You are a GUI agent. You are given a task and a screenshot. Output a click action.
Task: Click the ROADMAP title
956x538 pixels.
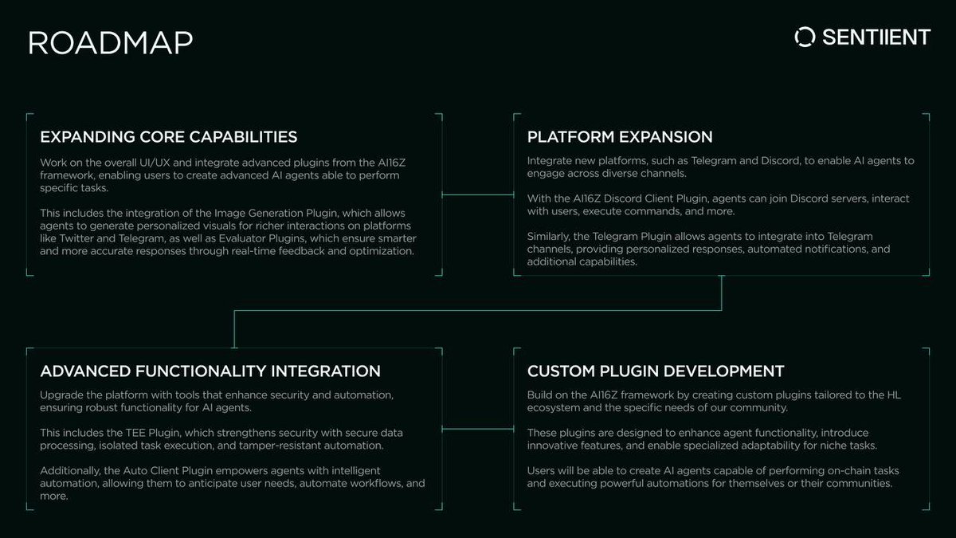(110, 42)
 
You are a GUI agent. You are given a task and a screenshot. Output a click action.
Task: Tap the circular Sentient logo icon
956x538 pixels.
(805, 37)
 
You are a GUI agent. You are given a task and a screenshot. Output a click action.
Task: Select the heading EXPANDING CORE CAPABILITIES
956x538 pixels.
(169, 136)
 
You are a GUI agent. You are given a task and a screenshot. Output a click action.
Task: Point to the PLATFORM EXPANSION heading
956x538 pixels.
(620, 136)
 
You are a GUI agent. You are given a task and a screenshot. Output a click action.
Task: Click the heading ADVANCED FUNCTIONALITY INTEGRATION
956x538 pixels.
(210, 371)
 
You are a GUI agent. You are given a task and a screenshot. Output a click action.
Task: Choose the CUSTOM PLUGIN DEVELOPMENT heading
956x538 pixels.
(656, 371)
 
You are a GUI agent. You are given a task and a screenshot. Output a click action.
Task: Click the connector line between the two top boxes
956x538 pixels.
(478, 194)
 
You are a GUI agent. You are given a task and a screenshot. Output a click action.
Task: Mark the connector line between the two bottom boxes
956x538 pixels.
(478, 430)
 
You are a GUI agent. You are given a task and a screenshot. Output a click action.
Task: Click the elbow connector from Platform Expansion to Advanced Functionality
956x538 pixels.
(478, 311)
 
